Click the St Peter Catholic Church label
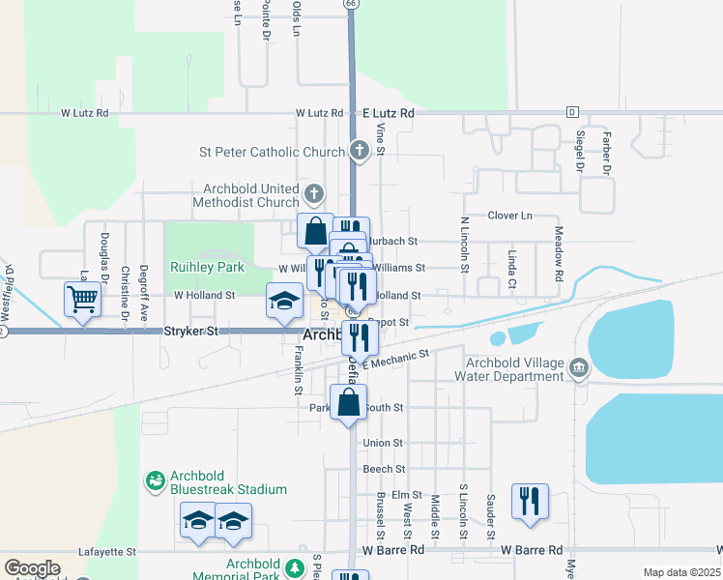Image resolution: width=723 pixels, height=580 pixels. click(x=272, y=152)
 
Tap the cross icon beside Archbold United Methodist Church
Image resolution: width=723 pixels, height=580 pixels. click(x=312, y=190)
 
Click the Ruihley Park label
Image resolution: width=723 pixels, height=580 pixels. click(x=208, y=267)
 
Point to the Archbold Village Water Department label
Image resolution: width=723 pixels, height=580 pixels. click(x=512, y=370)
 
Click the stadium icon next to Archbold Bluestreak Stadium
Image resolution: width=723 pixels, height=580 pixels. click(x=155, y=480)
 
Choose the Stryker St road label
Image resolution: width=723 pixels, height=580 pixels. click(x=191, y=331)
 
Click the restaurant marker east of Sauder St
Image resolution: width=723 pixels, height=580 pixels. click(x=530, y=502)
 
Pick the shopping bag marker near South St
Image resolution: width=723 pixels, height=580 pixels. click(x=349, y=402)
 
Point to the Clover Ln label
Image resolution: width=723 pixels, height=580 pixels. click(x=510, y=216)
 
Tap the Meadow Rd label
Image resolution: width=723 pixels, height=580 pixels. click(x=559, y=254)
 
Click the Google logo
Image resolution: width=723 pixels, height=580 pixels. click(x=32, y=568)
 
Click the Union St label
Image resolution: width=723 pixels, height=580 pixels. click(x=383, y=443)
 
